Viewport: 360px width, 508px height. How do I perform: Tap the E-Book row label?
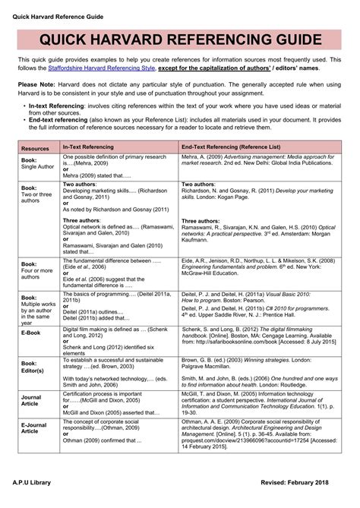pyautogui.click(x=32, y=333)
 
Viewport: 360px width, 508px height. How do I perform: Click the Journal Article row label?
pyautogui.click(x=31, y=401)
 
